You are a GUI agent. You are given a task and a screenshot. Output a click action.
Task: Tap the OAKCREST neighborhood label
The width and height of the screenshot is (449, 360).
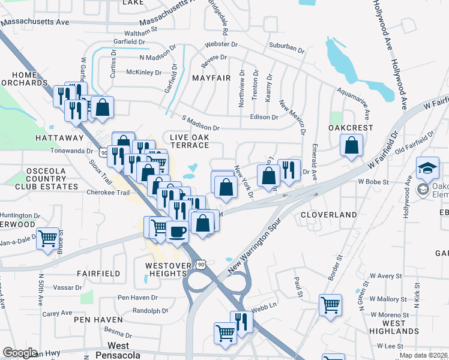point(351,128)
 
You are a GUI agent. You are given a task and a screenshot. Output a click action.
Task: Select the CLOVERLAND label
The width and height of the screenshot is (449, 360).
point(329,214)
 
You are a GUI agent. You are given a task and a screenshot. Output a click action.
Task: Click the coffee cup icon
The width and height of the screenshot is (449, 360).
point(176,231)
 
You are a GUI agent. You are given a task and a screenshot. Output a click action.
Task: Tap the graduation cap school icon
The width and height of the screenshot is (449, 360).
point(427,169)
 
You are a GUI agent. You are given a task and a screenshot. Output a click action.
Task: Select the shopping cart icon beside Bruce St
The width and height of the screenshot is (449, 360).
point(47,238)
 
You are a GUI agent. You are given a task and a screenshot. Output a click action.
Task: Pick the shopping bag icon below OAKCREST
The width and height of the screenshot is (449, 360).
point(351,145)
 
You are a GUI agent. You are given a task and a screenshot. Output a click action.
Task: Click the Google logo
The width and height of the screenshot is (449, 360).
point(20,353)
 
